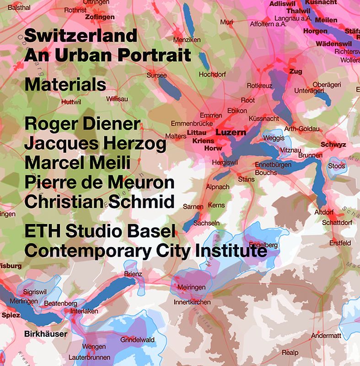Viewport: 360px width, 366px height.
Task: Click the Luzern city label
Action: click(x=231, y=133)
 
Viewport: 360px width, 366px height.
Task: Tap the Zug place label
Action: click(x=296, y=71)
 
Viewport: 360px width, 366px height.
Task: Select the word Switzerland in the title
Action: click(x=81, y=35)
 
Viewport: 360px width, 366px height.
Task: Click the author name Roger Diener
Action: click(x=82, y=124)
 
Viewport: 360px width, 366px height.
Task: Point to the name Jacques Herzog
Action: click(x=95, y=144)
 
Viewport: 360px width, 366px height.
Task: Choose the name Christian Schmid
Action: click(x=99, y=202)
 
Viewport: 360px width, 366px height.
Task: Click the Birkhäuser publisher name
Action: click(x=45, y=334)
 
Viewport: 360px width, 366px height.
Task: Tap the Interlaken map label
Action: click(x=84, y=311)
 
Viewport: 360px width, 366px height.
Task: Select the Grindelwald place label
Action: click(x=137, y=340)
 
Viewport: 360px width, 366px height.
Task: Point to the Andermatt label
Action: click(x=326, y=336)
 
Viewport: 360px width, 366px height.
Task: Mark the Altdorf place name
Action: click(x=324, y=212)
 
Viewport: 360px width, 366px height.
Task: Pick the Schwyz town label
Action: click(x=333, y=145)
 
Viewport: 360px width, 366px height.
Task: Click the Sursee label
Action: click(x=156, y=75)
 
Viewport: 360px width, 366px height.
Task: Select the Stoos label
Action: click(x=336, y=166)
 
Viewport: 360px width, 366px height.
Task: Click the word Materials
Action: click(x=65, y=85)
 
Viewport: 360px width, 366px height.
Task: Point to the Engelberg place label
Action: click(x=264, y=245)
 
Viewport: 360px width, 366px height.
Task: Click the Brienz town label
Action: click(x=133, y=274)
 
